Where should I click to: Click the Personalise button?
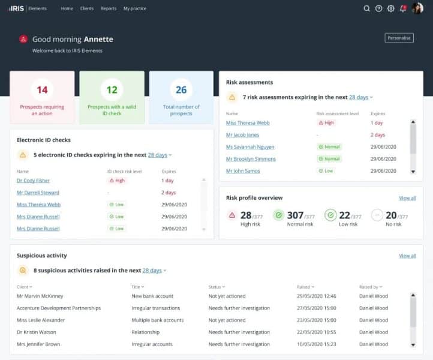click(399, 38)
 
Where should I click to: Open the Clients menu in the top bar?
click(86, 8)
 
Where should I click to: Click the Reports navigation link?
click(109, 8)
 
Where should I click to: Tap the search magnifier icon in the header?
click(366, 8)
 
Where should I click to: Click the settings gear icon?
click(391, 8)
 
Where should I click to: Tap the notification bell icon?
click(403, 8)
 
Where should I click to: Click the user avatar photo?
click(417, 8)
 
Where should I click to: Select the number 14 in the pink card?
click(42, 90)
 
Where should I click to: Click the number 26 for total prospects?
click(181, 90)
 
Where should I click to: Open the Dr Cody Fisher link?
click(33, 181)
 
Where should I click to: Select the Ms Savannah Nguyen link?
click(250, 147)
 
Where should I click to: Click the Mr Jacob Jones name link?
click(242, 135)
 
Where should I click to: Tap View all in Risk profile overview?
click(407, 198)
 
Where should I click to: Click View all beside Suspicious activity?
click(407, 256)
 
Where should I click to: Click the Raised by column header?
click(370, 287)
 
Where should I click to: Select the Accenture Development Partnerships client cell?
click(59, 308)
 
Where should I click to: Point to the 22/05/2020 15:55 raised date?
click(316, 332)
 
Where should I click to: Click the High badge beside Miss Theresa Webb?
click(326, 123)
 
